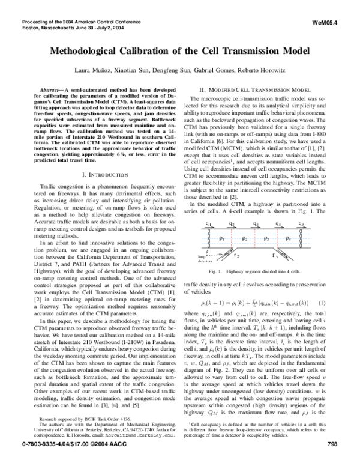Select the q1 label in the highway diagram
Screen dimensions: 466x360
(x=208, y=225)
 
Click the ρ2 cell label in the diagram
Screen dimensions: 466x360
(x=245, y=238)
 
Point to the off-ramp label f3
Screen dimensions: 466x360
(x=275, y=255)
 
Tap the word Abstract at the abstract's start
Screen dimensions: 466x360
(x=52, y=88)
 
